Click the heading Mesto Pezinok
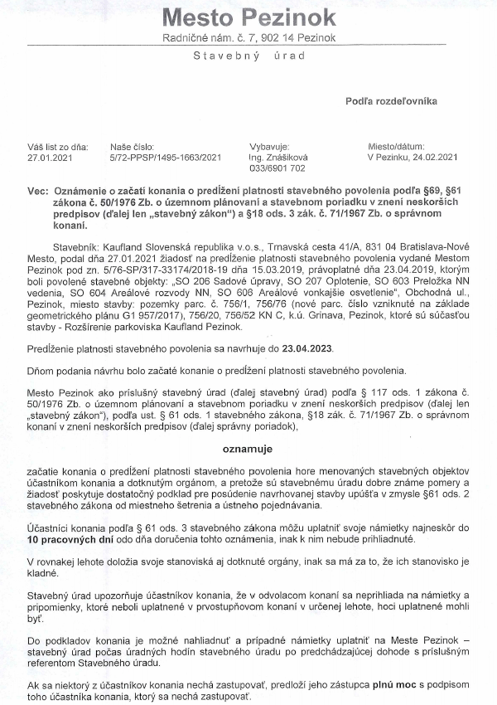click(248, 17)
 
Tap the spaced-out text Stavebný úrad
click(248, 56)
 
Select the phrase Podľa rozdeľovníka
click(391, 101)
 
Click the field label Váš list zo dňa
click(57, 143)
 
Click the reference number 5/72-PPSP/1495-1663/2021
click(166, 155)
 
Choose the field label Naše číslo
click(132, 143)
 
